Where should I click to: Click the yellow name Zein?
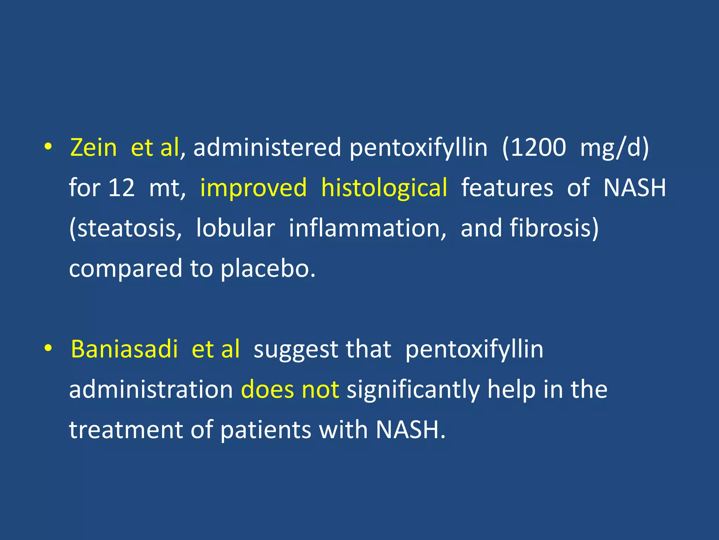93,147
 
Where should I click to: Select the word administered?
267,147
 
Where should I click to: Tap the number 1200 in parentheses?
538,147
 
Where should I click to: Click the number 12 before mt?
121,188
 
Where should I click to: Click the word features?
507,188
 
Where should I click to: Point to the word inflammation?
367,229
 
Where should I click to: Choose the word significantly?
413,391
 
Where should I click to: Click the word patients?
266,430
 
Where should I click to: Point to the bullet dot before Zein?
48,147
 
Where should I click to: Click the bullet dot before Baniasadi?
48,349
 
